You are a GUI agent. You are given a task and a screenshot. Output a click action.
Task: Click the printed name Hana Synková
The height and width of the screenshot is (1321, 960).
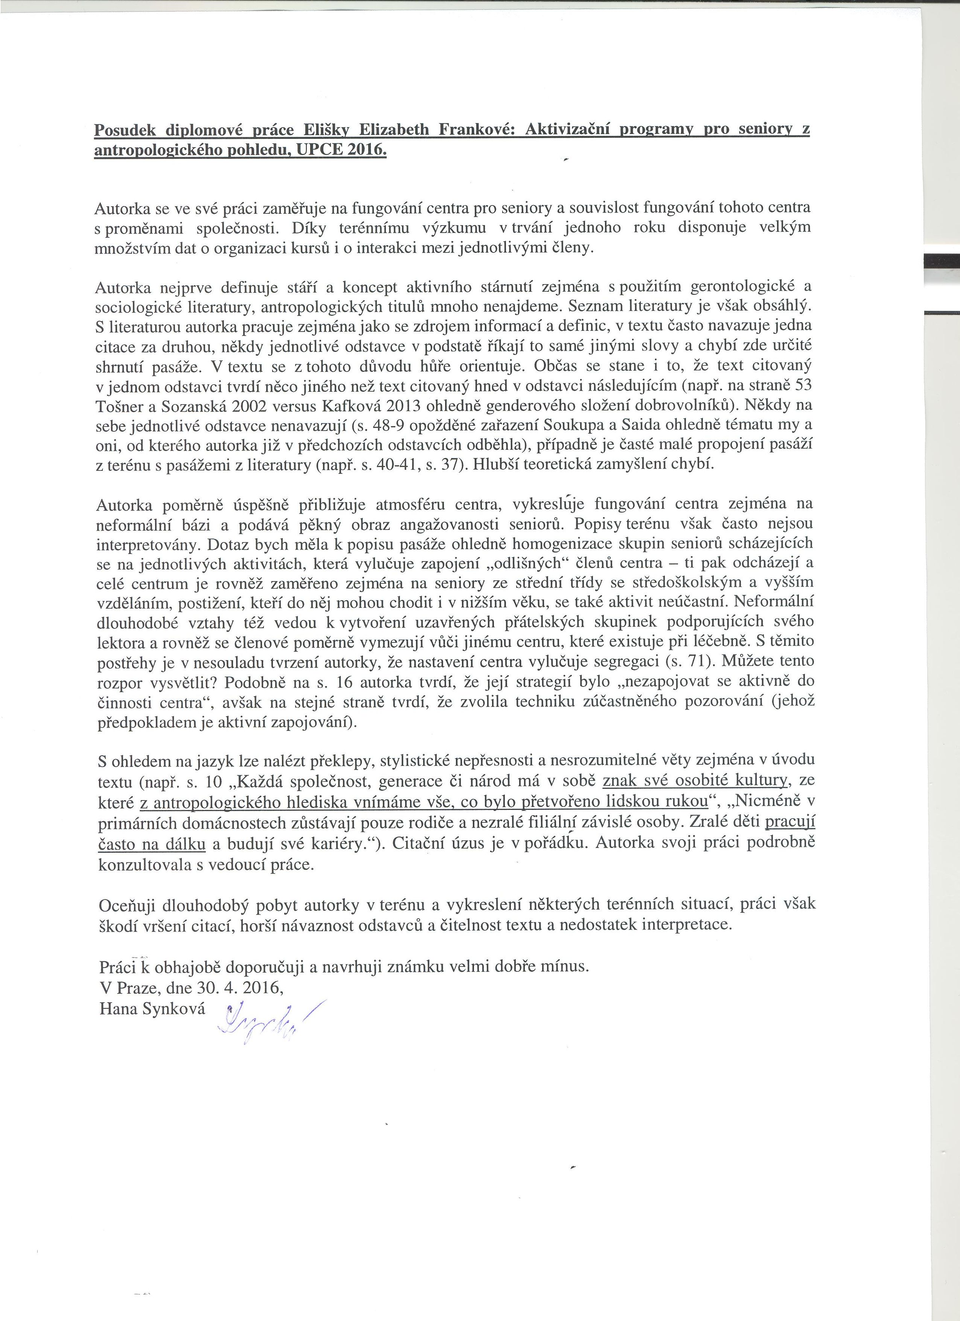click(x=152, y=1008)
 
